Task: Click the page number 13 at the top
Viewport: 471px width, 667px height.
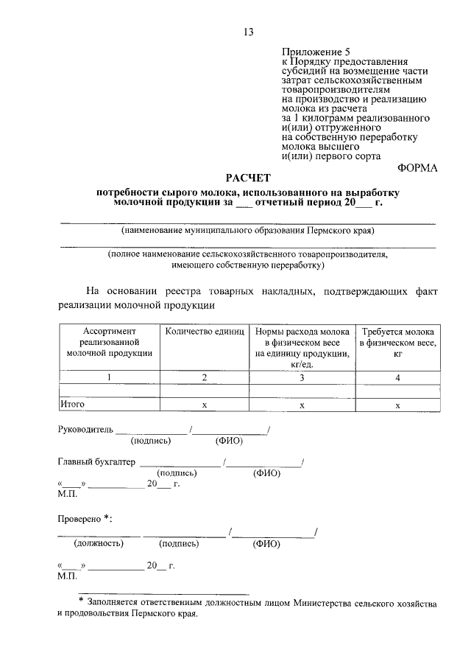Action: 248,31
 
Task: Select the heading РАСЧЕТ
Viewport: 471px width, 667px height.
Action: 248,178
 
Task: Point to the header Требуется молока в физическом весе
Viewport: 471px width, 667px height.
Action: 397,343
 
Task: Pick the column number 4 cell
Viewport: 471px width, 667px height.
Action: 397,377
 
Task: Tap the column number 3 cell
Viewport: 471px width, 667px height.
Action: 302,377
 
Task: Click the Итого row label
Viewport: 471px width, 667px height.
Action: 73,405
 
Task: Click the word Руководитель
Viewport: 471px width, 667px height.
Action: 85,429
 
